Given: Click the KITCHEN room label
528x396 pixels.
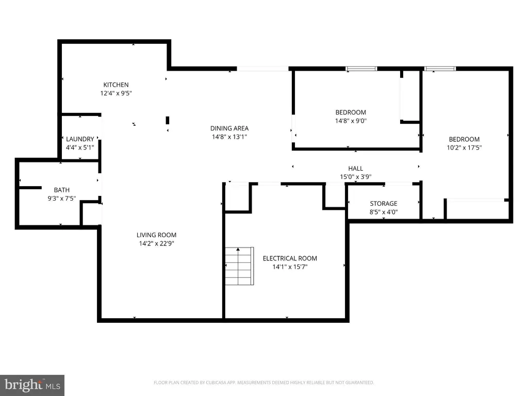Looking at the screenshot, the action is pyautogui.click(x=116, y=85).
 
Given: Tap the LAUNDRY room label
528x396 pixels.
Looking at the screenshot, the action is pyautogui.click(x=80, y=139).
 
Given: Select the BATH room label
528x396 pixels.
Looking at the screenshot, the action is pyautogui.click(x=62, y=190).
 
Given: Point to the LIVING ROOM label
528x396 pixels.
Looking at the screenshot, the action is pyautogui.click(x=157, y=235).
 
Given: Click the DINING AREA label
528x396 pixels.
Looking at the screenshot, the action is pyautogui.click(x=229, y=128).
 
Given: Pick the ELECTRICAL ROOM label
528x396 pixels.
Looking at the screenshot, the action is pyautogui.click(x=290, y=258).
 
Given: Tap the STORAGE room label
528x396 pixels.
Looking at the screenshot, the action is pyautogui.click(x=384, y=203).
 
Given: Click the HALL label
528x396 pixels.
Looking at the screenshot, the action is pyautogui.click(x=356, y=169).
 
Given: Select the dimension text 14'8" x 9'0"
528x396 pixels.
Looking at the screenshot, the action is pyautogui.click(x=351, y=121).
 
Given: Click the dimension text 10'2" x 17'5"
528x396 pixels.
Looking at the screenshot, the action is pyautogui.click(x=464, y=147).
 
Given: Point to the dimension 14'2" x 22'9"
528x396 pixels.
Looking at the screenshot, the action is pyautogui.click(x=157, y=243).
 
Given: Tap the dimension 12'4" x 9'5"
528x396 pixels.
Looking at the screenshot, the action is pyautogui.click(x=116, y=93).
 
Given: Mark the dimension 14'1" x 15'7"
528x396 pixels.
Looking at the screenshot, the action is pyautogui.click(x=290, y=267).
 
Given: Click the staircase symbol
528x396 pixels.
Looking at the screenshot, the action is pyautogui.click(x=239, y=266).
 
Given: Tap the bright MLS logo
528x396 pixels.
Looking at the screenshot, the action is pyautogui.click(x=32, y=385).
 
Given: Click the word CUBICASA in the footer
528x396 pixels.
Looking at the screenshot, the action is pyautogui.click(x=218, y=383).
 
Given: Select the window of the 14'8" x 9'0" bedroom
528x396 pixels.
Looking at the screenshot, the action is pyautogui.click(x=361, y=69).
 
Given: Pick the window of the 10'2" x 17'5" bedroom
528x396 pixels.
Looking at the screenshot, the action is pyautogui.click(x=440, y=69).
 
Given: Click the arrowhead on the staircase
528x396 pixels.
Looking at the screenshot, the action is pyautogui.click(x=238, y=250).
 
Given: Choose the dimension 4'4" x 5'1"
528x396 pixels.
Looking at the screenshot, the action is pyautogui.click(x=80, y=147).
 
